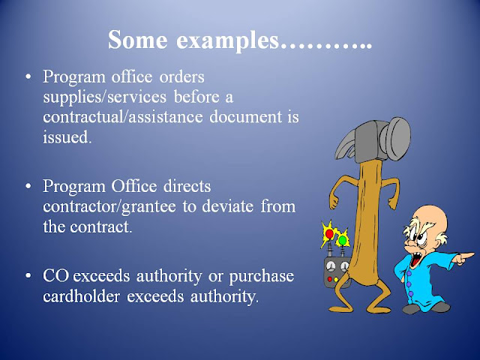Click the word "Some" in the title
(x=138, y=40)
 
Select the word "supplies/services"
(x=105, y=97)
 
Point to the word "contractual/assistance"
(x=123, y=117)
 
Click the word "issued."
(x=67, y=137)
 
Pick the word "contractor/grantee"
(x=109, y=208)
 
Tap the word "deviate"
(x=227, y=206)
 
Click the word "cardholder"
(x=81, y=296)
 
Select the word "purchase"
(x=262, y=277)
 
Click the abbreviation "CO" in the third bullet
(x=55, y=276)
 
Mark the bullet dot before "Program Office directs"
(x=28, y=186)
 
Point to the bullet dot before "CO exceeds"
(x=28, y=275)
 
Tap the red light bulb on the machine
(x=329, y=234)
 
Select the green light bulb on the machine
(x=343, y=240)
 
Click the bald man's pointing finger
(x=466, y=255)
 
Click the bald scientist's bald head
(x=431, y=217)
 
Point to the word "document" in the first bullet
(x=245, y=117)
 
